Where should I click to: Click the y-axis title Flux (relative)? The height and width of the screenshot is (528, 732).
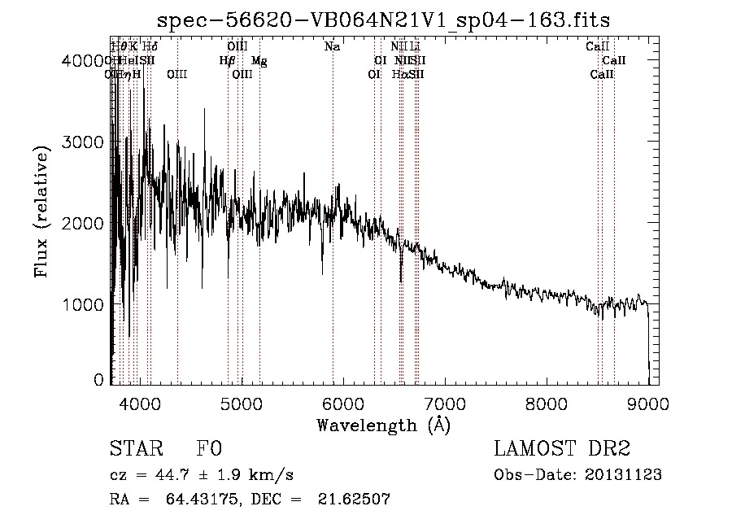(x=41, y=207)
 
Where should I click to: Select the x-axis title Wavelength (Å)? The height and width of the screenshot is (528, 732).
(x=383, y=425)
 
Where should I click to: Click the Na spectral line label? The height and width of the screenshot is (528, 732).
(x=332, y=47)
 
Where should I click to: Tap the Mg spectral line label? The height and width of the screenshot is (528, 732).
(x=259, y=61)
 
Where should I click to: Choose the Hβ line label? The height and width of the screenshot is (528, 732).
(x=227, y=61)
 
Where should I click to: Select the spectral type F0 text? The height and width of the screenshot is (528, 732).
(x=209, y=448)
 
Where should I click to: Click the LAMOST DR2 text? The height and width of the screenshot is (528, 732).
(x=561, y=448)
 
